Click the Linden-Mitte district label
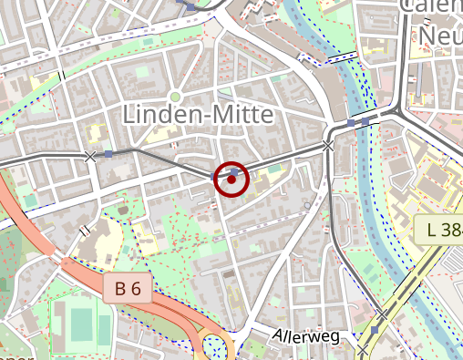tap(197, 115)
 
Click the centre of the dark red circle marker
tap(231, 180)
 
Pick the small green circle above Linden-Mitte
tap(175, 96)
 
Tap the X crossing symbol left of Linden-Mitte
tap(90, 157)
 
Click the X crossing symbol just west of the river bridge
tap(328, 145)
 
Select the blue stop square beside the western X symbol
tap(109, 154)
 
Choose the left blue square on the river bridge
tap(351, 122)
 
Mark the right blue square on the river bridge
tap(365, 121)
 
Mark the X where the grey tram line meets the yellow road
tap(363, 349)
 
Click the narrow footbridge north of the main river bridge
tap(341, 57)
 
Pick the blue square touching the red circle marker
tap(234, 170)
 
